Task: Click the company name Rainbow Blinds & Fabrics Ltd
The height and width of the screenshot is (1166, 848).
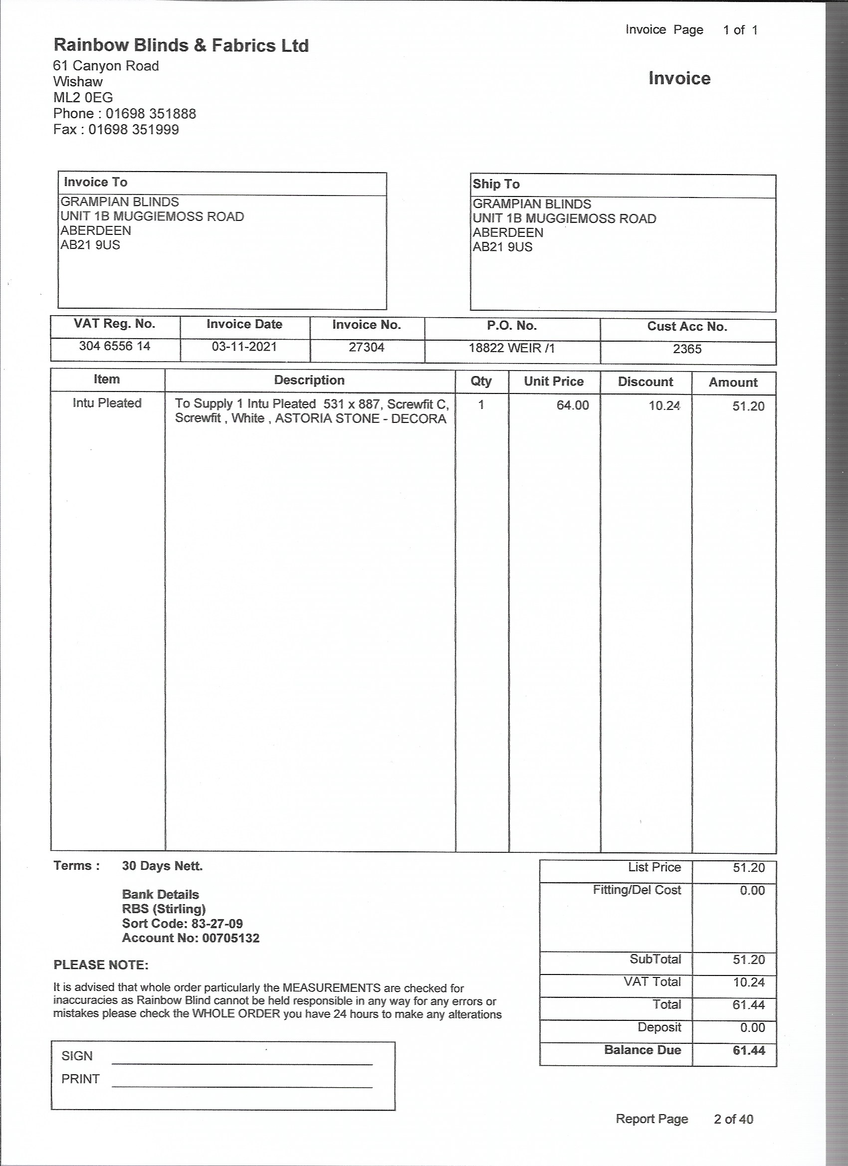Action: (181, 46)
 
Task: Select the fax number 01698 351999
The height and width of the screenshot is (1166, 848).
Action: (134, 130)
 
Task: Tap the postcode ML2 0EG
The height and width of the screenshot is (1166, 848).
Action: (83, 98)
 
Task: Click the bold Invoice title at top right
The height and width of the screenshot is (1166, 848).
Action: (679, 79)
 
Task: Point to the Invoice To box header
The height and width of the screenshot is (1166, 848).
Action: (96, 183)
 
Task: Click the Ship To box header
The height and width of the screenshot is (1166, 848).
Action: (496, 184)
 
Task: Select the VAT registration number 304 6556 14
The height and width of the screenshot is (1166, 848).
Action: (115, 346)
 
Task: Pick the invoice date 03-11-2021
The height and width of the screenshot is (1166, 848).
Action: (244, 347)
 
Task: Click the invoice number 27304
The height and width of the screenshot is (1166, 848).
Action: (366, 348)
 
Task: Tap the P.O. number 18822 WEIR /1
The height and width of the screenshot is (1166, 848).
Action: (512, 349)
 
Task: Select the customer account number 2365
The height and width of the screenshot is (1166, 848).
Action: (687, 350)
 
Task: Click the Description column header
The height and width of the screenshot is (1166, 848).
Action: (309, 381)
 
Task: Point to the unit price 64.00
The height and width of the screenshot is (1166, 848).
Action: (572, 405)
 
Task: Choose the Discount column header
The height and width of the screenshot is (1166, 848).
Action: (645, 382)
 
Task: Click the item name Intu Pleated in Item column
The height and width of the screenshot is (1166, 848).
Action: (107, 403)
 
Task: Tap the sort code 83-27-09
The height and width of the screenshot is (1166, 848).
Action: (216, 924)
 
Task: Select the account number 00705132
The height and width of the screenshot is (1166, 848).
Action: (230, 938)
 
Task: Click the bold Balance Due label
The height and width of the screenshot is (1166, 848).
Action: (642, 1050)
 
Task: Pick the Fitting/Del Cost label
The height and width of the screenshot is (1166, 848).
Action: (636, 890)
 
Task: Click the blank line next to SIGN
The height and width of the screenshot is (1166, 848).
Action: (242, 1060)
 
